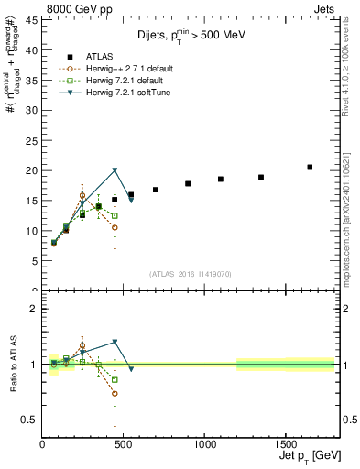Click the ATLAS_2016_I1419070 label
188,273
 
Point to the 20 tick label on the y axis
31,170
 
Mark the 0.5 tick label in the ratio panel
29,420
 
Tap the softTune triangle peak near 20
115,170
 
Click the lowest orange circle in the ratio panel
115,394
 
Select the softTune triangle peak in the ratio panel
115,343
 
